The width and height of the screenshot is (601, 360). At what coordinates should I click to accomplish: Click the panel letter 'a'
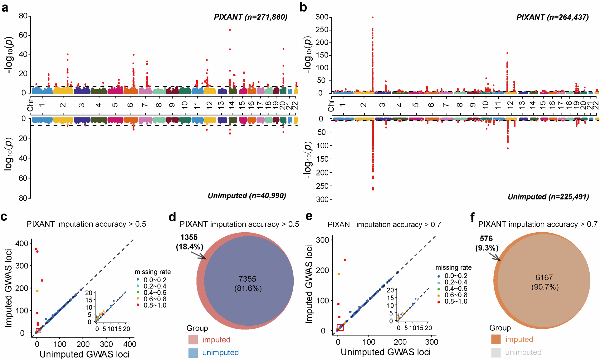tap(5, 7)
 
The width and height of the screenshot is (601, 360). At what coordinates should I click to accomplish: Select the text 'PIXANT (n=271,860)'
tap(250, 17)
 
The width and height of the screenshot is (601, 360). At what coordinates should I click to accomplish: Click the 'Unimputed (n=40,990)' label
tap(247, 196)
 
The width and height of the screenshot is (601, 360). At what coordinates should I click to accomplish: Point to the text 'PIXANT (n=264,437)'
tap(552, 17)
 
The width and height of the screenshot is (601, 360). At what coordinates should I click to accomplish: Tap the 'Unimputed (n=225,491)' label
tap(548, 197)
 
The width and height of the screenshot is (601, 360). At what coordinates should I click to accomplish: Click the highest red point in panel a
tap(230, 30)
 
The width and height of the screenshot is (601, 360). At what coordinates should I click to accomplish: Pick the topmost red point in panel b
tap(373, 17)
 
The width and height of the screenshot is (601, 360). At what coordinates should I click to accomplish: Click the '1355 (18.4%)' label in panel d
tap(189, 242)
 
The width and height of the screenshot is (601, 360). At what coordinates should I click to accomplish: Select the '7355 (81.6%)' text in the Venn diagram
tap(248, 284)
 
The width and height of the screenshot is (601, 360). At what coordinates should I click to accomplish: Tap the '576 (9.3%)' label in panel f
tap(486, 243)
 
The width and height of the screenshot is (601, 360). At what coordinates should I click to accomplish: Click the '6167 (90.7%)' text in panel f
tap(545, 282)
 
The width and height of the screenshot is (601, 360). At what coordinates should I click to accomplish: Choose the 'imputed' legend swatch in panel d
tap(193, 340)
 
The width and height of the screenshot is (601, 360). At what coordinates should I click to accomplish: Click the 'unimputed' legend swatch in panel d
tap(193, 353)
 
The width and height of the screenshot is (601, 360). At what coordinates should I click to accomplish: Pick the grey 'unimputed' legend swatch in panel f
tap(496, 353)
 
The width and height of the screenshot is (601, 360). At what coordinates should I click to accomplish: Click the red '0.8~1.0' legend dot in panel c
tap(138, 305)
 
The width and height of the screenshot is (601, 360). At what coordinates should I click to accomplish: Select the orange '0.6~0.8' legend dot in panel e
tap(439, 295)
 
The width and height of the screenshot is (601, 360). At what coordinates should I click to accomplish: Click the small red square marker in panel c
tap(39, 331)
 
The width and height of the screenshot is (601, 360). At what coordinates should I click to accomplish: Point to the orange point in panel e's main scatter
tap(339, 274)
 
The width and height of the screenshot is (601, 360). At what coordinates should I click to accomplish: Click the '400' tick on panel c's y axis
tap(22, 243)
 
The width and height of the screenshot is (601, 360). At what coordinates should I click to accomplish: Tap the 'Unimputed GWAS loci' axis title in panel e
tap(385, 352)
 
